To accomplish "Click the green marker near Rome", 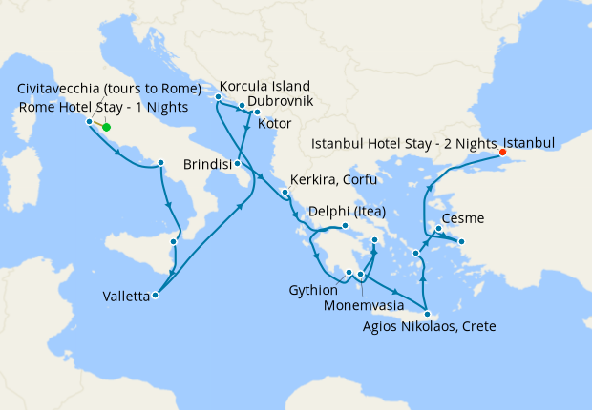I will tap(106, 127).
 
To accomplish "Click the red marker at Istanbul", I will tap(503, 151).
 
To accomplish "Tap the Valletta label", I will tap(126, 297).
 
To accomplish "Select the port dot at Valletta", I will tap(156, 295).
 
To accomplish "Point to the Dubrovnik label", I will tap(281, 100).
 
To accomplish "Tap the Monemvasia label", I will tap(363, 308).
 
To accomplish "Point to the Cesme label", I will tap(462, 218).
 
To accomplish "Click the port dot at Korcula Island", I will tap(219, 96).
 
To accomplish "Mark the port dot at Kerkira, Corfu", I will tap(285, 193).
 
